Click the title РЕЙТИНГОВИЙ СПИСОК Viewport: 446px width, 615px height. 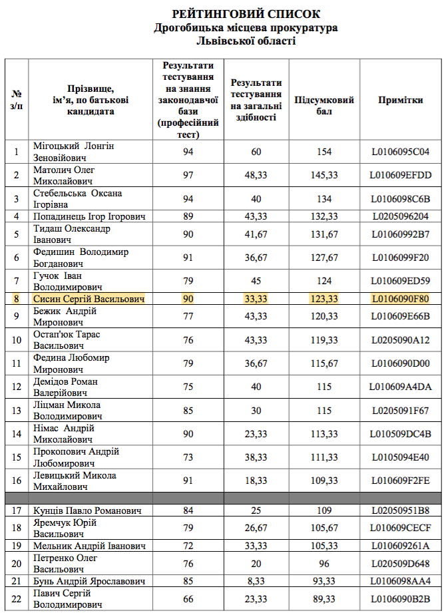(x=246, y=14)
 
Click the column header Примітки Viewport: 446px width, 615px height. (x=400, y=100)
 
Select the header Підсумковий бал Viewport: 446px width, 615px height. (x=324, y=105)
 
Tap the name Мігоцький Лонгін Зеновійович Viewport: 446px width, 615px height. (x=74, y=152)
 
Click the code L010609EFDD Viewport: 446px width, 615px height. (x=401, y=176)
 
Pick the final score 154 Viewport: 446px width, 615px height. (x=324, y=152)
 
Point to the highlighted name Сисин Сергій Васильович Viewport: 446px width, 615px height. (x=89, y=300)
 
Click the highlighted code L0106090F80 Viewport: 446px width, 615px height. (x=401, y=300)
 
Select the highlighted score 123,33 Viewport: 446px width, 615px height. (x=324, y=300)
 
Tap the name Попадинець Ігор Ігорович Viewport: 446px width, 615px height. (x=89, y=216)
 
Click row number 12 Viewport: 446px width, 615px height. (x=17, y=387)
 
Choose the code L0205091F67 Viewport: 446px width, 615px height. (x=401, y=411)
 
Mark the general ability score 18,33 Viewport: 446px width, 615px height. (x=256, y=481)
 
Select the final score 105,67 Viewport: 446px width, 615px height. (x=324, y=528)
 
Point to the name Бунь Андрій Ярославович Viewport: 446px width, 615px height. (x=89, y=581)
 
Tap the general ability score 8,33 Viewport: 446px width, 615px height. (x=256, y=581)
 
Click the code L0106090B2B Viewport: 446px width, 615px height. (x=401, y=599)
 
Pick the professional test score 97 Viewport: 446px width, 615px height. (x=188, y=176)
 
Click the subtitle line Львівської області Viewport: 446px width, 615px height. (x=246, y=41)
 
